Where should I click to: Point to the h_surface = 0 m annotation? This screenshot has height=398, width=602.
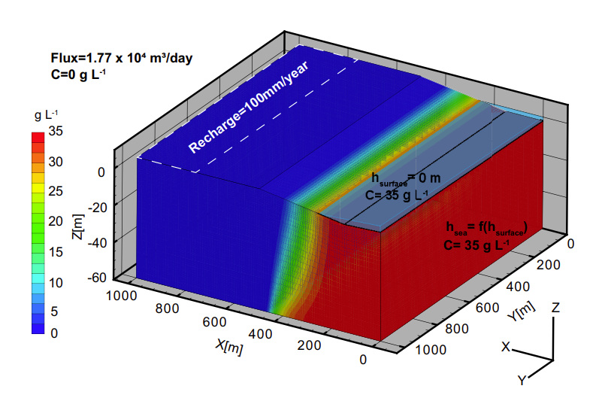point(406,178)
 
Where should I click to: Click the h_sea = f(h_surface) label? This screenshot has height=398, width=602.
point(486,226)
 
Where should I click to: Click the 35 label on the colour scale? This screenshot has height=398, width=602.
point(57,131)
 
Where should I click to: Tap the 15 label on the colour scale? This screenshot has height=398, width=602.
point(57,251)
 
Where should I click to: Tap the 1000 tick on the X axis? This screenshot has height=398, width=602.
point(122,295)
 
